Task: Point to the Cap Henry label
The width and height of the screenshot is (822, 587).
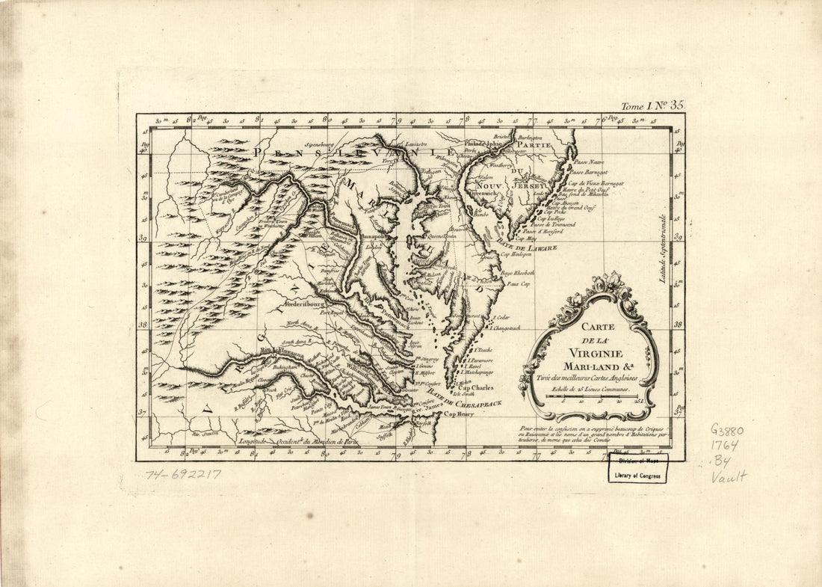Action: point(460,414)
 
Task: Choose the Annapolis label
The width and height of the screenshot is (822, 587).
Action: point(374,236)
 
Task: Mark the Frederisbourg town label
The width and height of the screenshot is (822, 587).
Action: point(312,306)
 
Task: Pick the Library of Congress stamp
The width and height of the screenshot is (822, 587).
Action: point(637,468)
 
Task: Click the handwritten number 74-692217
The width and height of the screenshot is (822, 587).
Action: point(183,474)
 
